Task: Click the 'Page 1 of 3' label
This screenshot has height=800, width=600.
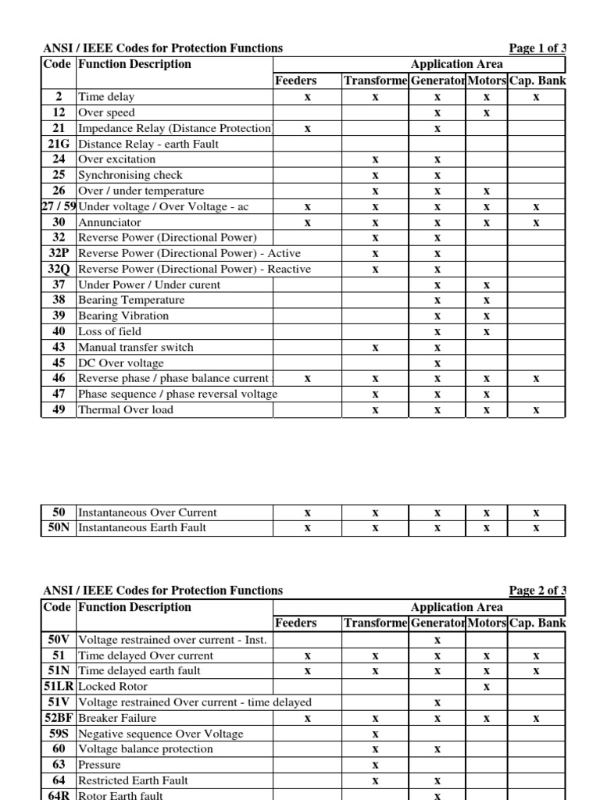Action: (537, 48)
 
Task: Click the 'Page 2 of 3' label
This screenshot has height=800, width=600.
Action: (537, 591)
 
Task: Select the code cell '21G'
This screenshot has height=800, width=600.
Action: (59, 144)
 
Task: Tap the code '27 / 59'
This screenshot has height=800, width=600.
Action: (59, 206)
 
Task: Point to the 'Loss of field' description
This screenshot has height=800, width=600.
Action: (109, 331)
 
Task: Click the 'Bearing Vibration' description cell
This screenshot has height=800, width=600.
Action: (123, 316)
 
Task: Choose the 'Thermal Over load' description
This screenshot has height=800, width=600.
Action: (125, 409)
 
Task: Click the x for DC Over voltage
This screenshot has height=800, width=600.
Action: (437, 363)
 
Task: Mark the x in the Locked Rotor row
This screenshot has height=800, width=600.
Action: (486, 687)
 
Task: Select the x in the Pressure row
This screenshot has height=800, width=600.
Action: (375, 765)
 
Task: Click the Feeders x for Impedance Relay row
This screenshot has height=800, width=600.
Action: (308, 128)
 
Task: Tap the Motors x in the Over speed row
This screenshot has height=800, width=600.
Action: (486, 112)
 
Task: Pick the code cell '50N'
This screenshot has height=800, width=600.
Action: (59, 528)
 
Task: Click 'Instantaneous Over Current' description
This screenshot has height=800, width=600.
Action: (148, 512)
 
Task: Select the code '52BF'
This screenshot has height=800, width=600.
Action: (59, 718)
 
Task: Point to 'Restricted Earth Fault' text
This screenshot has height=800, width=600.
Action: (134, 780)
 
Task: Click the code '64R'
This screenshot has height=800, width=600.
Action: (59, 795)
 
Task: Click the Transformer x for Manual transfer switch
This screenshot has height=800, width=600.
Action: (375, 348)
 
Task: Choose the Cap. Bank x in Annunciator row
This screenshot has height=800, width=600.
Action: (536, 223)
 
